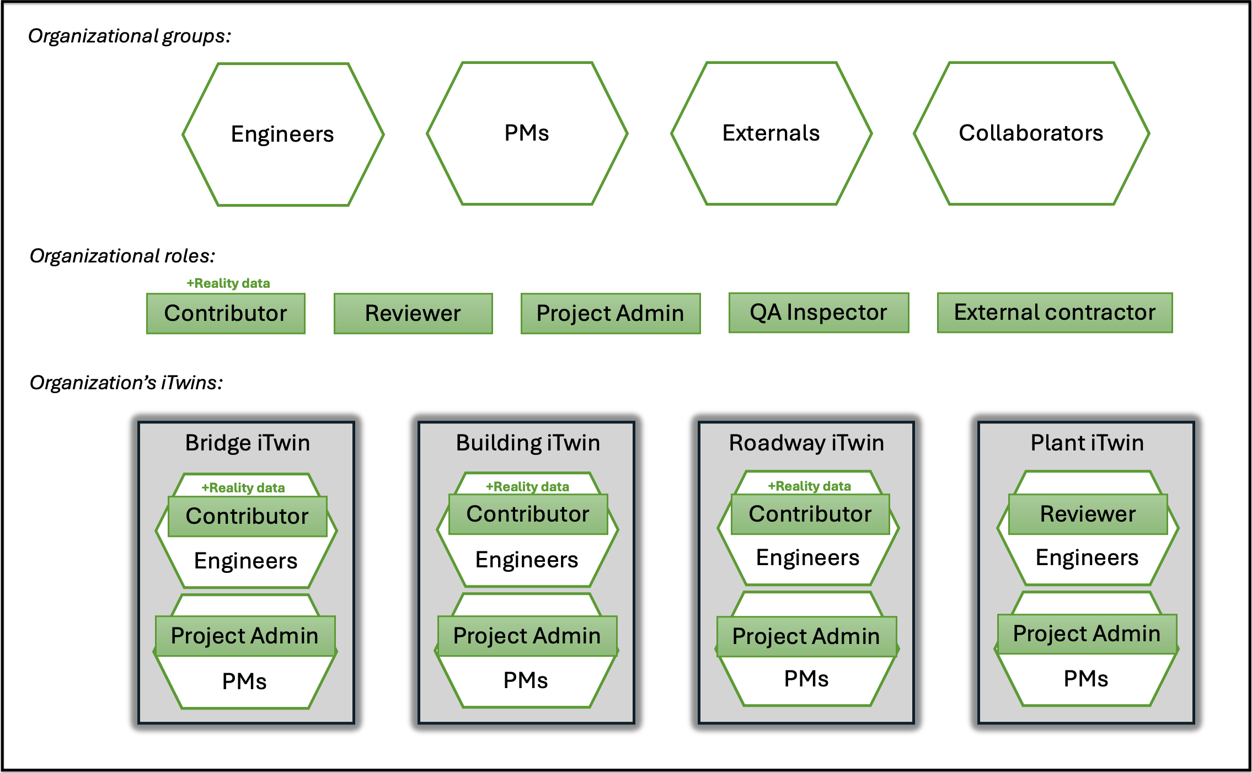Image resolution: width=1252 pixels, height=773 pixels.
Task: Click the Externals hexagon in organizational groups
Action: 771,133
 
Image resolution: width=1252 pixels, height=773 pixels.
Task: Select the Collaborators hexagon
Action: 1031,133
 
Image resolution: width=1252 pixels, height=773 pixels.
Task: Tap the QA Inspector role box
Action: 818,313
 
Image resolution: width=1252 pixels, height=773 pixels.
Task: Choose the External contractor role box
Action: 1055,313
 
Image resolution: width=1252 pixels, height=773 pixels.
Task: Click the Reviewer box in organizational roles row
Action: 413,313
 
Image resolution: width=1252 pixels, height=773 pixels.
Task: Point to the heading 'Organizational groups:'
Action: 130,36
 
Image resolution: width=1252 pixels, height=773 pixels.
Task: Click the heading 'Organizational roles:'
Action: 122,256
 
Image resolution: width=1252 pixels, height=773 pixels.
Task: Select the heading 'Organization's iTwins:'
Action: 126,383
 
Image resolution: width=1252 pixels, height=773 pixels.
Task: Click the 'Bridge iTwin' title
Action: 248,443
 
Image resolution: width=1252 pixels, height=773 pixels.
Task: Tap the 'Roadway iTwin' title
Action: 806,443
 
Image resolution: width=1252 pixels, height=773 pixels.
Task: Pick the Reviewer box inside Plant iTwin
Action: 1088,514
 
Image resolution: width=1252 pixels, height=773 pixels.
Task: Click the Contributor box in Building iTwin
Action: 528,514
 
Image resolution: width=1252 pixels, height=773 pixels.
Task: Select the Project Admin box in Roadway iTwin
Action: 806,636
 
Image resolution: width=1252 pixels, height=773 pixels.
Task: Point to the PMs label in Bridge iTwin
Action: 244,681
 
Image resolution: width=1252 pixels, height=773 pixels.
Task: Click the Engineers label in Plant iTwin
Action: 1087,557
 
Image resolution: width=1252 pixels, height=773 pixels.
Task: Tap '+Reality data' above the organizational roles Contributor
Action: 228,283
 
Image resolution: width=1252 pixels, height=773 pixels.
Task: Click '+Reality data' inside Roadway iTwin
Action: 810,486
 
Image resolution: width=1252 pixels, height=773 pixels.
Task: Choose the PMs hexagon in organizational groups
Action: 527,133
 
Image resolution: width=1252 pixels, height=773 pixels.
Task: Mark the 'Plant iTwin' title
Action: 1087,443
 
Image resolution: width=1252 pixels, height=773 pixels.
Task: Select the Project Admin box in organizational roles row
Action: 611,313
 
